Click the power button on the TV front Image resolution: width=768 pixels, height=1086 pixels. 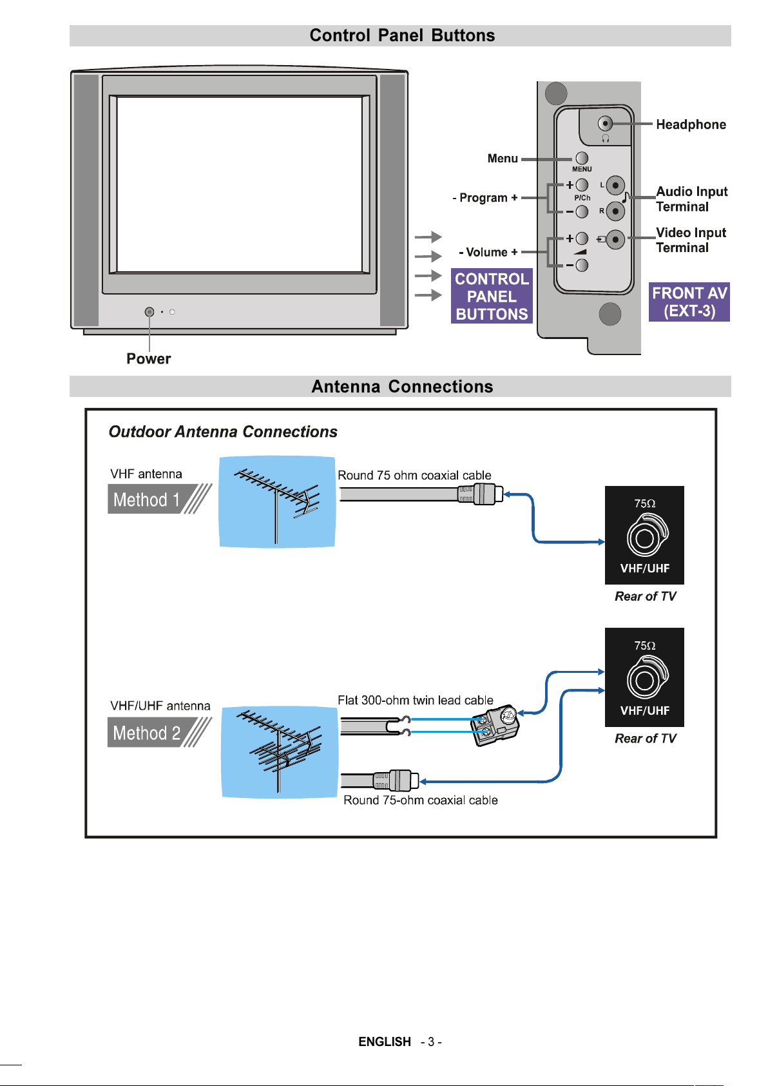pyautogui.click(x=149, y=312)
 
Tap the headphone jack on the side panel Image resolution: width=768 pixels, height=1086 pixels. pyautogui.click(x=605, y=123)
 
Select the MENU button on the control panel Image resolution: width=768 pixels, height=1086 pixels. pyautogui.click(x=582, y=158)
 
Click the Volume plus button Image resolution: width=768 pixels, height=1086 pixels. pyautogui.click(x=582, y=238)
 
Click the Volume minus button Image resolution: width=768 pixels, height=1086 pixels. pyautogui.click(x=582, y=265)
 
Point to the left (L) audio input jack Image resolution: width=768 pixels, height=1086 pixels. pyautogui.click(x=615, y=186)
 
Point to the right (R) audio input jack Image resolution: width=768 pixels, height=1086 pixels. pyautogui.click(x=615, y=211)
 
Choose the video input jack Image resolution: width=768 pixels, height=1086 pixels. pyautogui.click(x=615, y=240)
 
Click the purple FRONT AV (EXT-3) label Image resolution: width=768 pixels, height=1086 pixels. pyautogui.click(x=689, y=302)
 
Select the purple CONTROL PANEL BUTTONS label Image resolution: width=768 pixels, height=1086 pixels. pyautogui.click(x=492, y=296)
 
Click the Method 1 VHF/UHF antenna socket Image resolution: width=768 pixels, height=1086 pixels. pyautogui.click(x=645, y=538)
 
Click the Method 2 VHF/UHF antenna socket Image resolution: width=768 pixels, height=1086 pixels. pyautogui.click(x=645, y=679)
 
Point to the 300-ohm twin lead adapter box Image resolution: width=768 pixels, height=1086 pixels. pyautogui.click(x=496, y=724)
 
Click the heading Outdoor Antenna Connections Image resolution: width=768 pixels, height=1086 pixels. pyautogui.click(x=223, y=432)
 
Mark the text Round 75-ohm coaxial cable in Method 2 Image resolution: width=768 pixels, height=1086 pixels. pyautogui.click(x=420, y=800)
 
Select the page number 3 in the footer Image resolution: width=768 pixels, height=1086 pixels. pyautogui.click(x=431, y=1042)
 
